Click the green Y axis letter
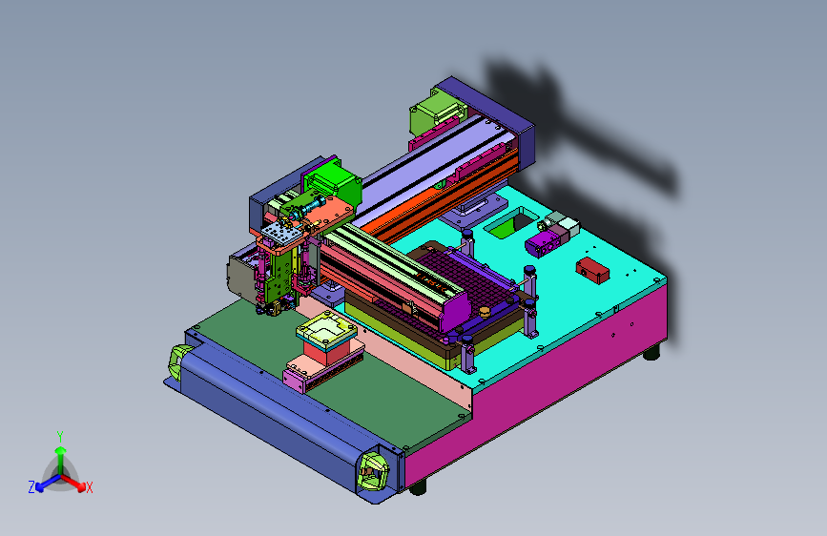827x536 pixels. click(60, 436)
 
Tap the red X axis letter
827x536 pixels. click(89, 487)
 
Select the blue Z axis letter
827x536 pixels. click(31, 487)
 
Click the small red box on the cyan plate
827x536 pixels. click(592, 270)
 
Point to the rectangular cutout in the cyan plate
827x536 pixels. click(512, 222)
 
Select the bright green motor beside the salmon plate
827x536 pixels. click(333, 182)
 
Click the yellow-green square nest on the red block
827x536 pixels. click(326, 328)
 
